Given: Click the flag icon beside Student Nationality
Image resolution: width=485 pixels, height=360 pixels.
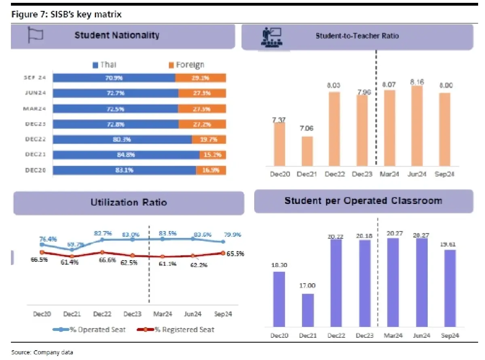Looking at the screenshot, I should tap(35, 35).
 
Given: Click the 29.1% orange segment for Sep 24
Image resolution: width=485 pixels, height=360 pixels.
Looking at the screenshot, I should tap(200, 78).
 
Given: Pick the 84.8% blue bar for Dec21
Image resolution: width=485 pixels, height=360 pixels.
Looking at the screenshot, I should tap(126, 155).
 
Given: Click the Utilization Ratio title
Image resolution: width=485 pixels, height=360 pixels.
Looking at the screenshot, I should tap(129, 202).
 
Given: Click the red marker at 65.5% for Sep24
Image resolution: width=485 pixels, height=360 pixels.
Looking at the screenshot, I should tap(223, 253).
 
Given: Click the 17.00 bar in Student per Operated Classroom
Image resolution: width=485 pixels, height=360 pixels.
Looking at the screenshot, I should tap(308, 310).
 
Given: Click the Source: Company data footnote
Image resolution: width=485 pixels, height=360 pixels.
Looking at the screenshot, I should tap(42, 352).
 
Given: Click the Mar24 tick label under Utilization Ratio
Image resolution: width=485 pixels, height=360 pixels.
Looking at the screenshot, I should tap(162, 314).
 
